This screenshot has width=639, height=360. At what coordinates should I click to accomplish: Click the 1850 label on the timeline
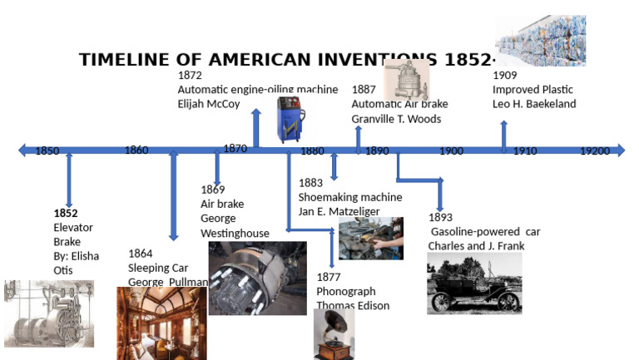[47, 151]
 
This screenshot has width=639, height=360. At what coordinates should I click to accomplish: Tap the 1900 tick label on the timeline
[451, 151]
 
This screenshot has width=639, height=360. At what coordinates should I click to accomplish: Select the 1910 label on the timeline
[524, 151]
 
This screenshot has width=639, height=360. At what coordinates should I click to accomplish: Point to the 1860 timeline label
[136, 150]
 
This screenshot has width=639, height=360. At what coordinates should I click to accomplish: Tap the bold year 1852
[66, 213]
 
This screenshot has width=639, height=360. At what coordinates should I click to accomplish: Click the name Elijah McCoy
[209, 105]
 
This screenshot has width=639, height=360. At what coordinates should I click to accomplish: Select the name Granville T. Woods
[396, 119]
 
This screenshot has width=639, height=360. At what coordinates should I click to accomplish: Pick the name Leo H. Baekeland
[534, 104]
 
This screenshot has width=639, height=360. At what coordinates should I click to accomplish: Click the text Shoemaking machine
[350, 197]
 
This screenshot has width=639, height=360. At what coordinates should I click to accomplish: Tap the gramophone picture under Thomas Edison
[334, 334]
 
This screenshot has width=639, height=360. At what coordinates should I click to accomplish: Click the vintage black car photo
[474, 284]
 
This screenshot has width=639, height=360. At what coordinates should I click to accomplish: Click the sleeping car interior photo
[161, 323]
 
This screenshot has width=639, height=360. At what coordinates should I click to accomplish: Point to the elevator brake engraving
[48, 313]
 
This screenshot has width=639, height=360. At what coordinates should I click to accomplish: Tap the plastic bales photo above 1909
[541, 40]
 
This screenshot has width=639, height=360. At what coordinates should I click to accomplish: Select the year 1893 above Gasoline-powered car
[441, 218]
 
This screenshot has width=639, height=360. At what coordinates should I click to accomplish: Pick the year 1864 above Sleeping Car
[141, 254]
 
